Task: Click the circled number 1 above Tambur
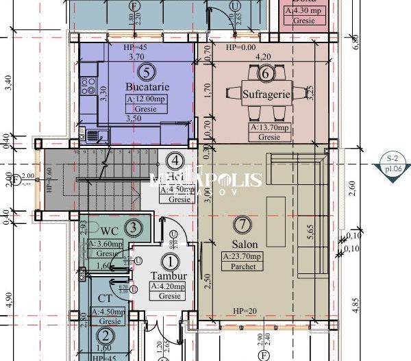click(x=169, y=261)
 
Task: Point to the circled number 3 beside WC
click(x=135, y=227)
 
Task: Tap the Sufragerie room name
click(x=267, y=94)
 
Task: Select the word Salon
click(x=239, y=243)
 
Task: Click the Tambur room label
click(x=169, y=276)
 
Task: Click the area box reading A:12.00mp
click(x=146, y=99)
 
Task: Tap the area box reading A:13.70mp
click(x=269, y=127)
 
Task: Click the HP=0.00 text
click(x=240, y=48)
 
